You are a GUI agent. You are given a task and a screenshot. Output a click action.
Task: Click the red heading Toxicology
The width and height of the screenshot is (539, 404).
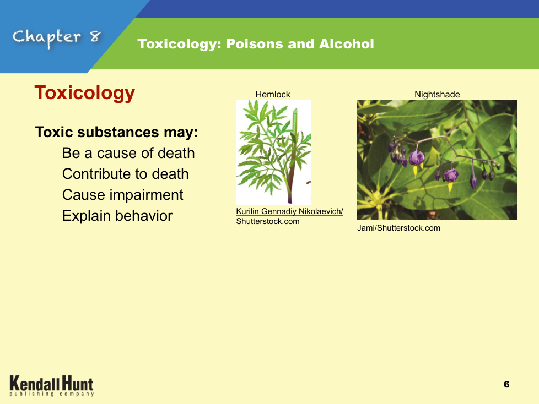[x=84, y=93]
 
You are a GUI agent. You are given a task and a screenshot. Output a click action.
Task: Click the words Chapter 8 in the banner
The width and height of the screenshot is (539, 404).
[x=57, y=37]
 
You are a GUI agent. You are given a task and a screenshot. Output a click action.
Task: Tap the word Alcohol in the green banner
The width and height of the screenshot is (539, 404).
[x=346, y=44]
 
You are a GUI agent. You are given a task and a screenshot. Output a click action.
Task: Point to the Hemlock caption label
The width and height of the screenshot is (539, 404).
[x=273, y=94]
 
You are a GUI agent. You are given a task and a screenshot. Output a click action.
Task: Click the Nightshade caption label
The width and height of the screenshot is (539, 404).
[x=437, y=94]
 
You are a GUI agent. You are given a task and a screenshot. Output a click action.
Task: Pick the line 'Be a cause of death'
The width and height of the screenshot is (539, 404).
[x=128, y=153]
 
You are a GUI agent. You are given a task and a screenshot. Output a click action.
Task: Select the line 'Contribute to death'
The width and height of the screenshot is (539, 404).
[x=126, y=174]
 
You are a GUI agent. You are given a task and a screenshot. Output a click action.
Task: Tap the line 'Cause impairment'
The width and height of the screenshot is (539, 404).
[x=123, y=195]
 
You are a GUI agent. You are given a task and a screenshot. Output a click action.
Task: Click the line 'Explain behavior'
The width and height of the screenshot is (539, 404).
[x=117, y=216]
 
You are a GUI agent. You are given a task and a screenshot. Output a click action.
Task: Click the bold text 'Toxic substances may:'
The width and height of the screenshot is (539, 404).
[x=116, y=132]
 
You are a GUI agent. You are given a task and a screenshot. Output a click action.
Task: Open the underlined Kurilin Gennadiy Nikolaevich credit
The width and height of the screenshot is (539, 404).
[x=289, y=211]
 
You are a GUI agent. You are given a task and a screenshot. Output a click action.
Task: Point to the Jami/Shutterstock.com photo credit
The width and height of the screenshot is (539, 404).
[x=399, y=228]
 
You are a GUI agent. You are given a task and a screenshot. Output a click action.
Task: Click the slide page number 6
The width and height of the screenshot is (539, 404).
[x=506, y=384]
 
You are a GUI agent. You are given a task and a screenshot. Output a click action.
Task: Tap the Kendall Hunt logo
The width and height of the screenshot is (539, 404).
[x=52, y=385]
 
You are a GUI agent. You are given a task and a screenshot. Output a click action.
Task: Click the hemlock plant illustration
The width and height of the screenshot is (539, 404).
[x=273, y=152]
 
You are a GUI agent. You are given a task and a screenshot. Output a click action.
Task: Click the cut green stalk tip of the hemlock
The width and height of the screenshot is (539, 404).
[x=295, y=111]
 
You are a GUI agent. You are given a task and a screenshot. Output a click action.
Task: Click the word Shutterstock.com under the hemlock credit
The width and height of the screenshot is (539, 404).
[x=268, y=221]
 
